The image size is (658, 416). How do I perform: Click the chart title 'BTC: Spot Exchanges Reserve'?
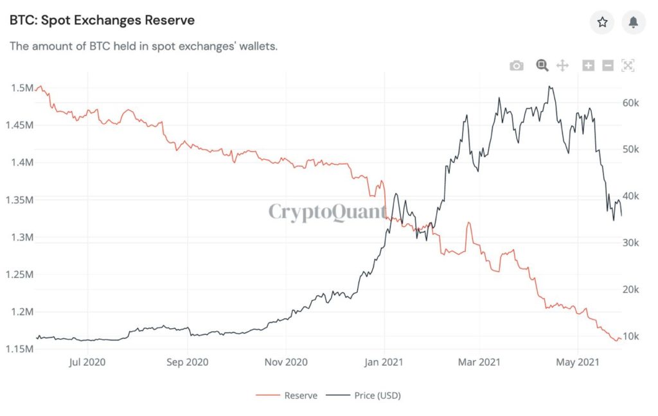pos(102,21)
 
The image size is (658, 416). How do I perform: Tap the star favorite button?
pos(602,22)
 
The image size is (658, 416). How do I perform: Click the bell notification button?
pos(634,22)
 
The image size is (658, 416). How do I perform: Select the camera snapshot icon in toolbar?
pos(517,65)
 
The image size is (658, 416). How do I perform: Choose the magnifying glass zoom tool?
pos(542,65)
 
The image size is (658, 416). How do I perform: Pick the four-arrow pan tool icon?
pos(562,65)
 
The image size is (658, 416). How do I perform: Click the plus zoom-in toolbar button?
pos(588,65)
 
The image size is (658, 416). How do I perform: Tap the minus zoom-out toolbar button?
pos(608,65)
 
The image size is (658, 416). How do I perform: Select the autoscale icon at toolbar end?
pos(628,65)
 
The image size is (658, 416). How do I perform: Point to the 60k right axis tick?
pos(631,103)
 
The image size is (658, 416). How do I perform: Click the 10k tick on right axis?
pos(631,336)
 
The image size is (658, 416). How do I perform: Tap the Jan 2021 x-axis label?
pos(384,362)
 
